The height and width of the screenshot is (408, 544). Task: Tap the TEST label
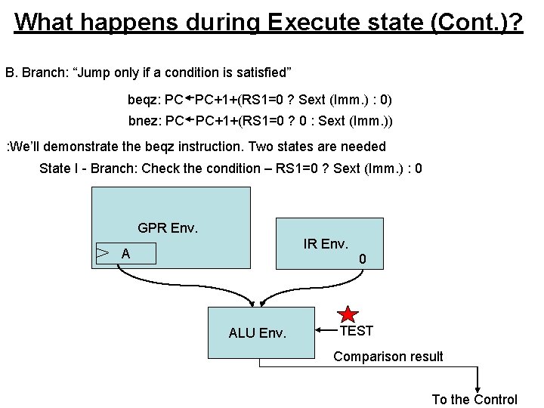(x=356, y=331)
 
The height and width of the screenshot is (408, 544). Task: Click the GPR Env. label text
(x=168, y=227)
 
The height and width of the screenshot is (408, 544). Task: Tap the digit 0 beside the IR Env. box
(x=363, y=259)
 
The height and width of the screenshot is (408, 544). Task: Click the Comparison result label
(x=388, y=357)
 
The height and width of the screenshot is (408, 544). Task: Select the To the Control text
(x=474, y=400)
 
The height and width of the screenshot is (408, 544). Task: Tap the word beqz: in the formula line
(x=145, y=100)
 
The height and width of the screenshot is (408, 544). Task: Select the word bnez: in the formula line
(x=145, y=121)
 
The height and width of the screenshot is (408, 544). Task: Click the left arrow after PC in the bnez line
(x=190, y=119)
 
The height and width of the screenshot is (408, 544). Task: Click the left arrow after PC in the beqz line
(x=190, y=98)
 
